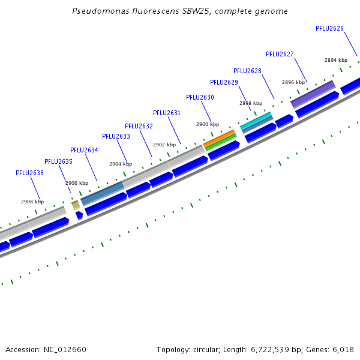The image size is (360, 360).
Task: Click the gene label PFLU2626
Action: [x=329, y=28]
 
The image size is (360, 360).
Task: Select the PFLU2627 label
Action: [x=280, y=54]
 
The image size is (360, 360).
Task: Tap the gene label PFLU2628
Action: [x=247, y=71]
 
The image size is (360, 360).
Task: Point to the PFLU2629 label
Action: [x=224, y=82]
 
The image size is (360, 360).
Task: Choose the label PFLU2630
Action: [x=200, y=97]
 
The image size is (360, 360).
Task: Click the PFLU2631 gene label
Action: [x=167, y=113]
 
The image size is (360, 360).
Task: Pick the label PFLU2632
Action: [x=139, y=126]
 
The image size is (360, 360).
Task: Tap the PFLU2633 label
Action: [x=116, y=136]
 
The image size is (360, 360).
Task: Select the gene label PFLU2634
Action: [x=84, y=150]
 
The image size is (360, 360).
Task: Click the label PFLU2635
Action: [x=58, y=161]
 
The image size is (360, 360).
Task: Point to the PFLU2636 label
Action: [x=29, y=173]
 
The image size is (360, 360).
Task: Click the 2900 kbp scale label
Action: [x=208, y=124]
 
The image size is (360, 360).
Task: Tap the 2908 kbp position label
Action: [x=32, y=202]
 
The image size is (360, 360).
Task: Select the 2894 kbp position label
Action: [x=336, y=60]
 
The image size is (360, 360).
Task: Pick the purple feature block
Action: [x=313, y=94]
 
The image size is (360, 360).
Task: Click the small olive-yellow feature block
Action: [x=76, y=205]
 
